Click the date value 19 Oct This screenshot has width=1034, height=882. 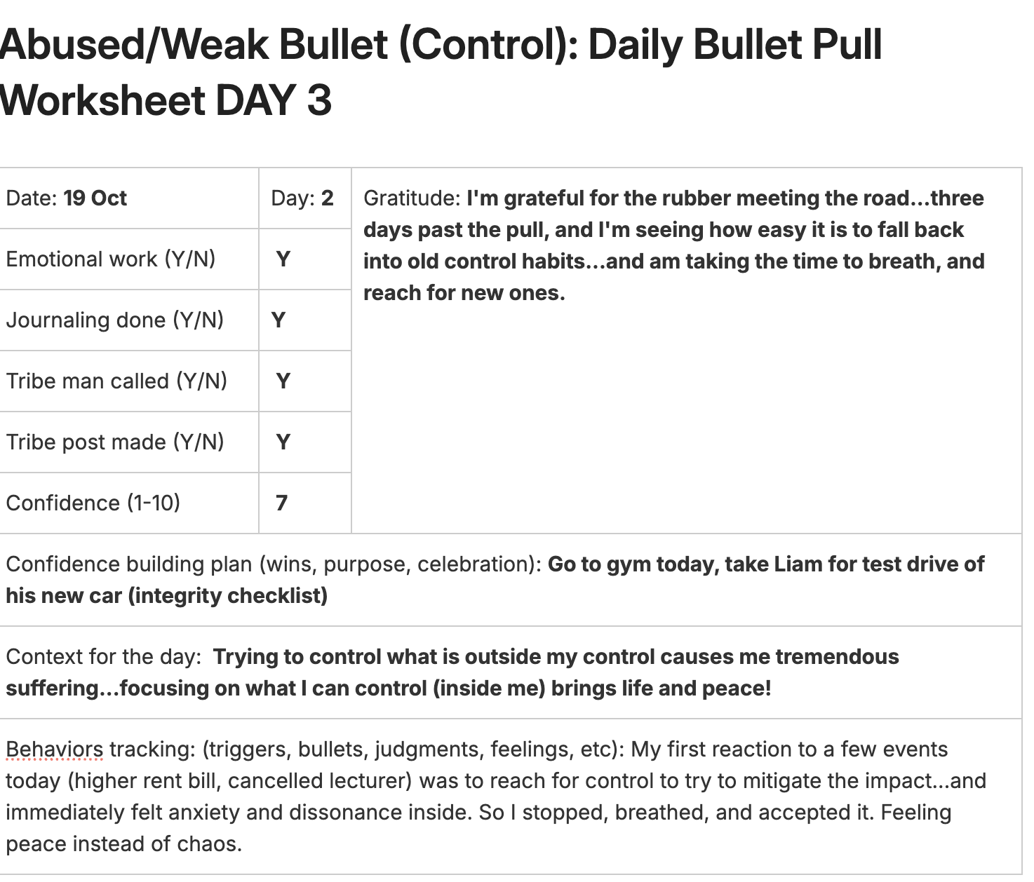pyautogui.click(x=95, y=198)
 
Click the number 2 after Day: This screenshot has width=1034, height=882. pyautogui.click(x=328, y=198)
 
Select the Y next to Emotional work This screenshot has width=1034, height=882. pyautogui.click(x=283, y=259)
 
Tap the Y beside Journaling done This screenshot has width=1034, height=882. pyautogui.click(x=278, y=320)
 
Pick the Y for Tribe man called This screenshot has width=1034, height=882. pyautogui.click(x=283, y=381)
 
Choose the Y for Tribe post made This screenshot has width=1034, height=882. pyautogui.click(x=283, y=442)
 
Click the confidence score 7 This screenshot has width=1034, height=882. pyautogui.click(x=281, y=503)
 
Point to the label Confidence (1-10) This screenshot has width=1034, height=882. pyautogui.click(x=93, y=503)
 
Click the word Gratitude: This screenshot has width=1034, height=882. pyautogui.click(x=412, y=198)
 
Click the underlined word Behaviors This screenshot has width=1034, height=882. pyautogui.click(x=55, y=749)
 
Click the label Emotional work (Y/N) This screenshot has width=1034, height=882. pyautogui.click(x=111, y=259)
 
